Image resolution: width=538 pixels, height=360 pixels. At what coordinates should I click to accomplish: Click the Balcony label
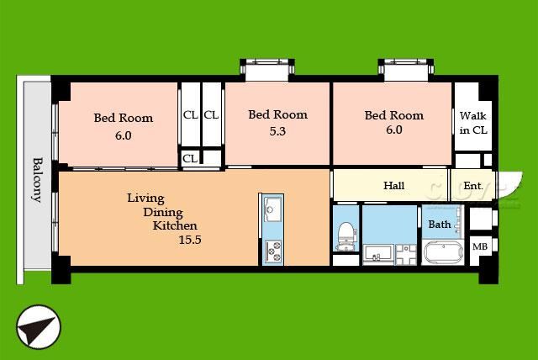37,179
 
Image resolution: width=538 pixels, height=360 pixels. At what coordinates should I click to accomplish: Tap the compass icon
39,326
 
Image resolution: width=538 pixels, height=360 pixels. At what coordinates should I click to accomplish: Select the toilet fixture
345,236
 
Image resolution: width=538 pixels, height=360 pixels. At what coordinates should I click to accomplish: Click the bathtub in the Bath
443,252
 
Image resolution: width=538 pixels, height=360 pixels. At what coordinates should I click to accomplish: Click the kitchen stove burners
273,251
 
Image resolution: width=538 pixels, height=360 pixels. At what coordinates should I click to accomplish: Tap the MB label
480,246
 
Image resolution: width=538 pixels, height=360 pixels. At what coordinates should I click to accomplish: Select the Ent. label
473,186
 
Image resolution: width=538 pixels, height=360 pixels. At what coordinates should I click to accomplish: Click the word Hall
393,186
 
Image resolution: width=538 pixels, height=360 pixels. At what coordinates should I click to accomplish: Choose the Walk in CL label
473,123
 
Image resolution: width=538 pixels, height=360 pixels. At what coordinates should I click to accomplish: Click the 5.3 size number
277,131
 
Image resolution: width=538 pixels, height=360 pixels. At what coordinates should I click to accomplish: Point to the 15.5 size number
190,240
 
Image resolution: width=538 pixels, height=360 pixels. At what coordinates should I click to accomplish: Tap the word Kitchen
175,225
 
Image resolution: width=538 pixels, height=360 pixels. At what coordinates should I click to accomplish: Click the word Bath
440,225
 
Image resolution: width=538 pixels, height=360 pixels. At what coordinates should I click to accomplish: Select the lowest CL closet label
190,158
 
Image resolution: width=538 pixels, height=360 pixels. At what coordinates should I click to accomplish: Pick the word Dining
163,213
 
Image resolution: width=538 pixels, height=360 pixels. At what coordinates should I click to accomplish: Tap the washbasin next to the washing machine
378,254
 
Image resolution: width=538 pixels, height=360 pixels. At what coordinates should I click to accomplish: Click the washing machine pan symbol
406,254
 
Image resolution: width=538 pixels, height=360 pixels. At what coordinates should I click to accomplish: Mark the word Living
145,199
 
